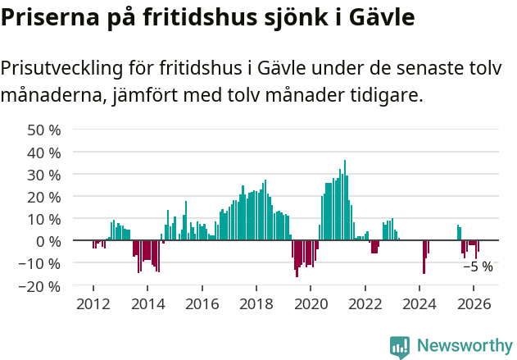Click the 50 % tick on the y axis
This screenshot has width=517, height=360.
tap(44, 130)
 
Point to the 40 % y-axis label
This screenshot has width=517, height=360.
tap(44, 153)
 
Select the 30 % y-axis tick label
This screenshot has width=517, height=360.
tap(44, 175)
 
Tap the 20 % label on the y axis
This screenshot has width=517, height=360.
tap(44, 197)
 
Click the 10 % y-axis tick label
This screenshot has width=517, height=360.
tap(44, 219)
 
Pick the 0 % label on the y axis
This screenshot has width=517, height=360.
tap(48, 241)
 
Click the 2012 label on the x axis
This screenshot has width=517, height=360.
tap(93, 303)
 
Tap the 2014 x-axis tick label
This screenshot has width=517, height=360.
tap(147, 303)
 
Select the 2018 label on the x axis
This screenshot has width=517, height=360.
tap(256, 303)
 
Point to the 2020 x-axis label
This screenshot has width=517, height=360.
tap(311, 303)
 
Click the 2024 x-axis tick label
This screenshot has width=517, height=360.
tap(419, 303)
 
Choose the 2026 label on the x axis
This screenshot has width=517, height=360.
tap(474, 303)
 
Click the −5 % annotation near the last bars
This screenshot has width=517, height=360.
tap(478, 267)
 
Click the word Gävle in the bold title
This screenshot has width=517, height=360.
tap(377, 17)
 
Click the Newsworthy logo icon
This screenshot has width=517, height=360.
tap(400, 347)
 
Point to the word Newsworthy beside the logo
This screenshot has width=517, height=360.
tap(464, 347)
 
